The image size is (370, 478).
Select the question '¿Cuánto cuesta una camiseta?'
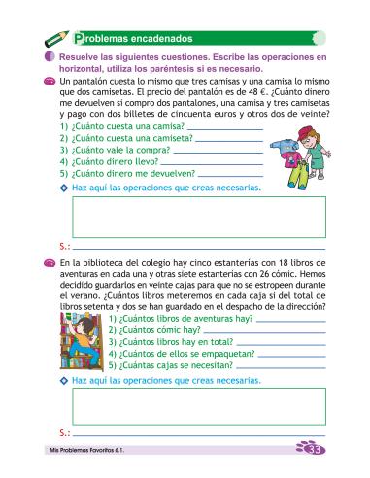click(x=123, y=139)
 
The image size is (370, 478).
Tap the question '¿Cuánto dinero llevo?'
click(x=109, y=162)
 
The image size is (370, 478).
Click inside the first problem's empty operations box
click(x=194, y=217)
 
